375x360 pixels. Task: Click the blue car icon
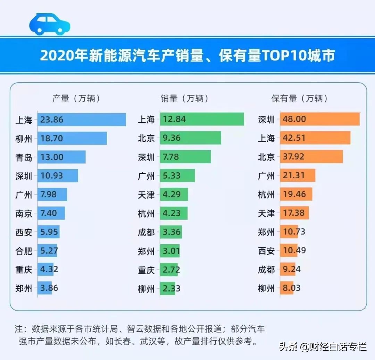coord(50,24)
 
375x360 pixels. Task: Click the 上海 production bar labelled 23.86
coord(82,120)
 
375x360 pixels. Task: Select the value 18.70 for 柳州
coord(52,138)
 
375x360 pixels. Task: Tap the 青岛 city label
coord(24,157)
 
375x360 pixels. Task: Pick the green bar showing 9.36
coord(190,138)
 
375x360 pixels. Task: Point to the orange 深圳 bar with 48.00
coord(319,119)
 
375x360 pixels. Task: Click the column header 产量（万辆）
coord(76,99)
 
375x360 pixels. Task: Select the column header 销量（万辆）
coord(185,99)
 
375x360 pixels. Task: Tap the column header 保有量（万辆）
coord(299,99)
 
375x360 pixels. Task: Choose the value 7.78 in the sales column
coord(170,157)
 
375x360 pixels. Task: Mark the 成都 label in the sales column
coord(146,232)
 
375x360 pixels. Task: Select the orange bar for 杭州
coord(296,194)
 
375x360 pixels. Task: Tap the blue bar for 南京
coord(51,213)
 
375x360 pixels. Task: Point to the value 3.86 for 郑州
coord(49,288)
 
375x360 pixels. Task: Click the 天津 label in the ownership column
coord(266,213)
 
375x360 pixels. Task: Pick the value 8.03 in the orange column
coord(292,288)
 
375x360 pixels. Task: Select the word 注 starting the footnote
coord(18,328)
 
